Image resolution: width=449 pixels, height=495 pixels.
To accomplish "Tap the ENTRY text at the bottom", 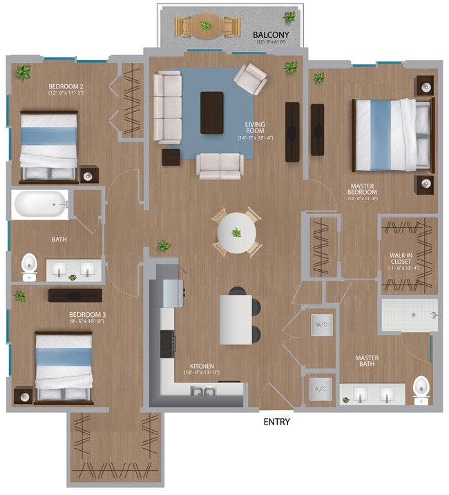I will (x=276, y=422).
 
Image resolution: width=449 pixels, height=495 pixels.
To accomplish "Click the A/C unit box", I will (x=320, y=388).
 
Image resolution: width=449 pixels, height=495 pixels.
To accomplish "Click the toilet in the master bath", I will (x=420, y=389).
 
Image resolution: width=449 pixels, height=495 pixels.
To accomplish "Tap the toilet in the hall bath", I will (x=29, y=265).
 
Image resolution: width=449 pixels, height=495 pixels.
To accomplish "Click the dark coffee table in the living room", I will (x=212, y=113).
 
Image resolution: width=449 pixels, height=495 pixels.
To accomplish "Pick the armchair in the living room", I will (x=249, y=79).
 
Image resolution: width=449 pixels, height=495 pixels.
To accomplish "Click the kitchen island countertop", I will (x=236, y=319).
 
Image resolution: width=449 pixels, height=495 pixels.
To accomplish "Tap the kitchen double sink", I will (x=203, y=392).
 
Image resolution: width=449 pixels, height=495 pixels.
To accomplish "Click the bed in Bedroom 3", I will (x=64, y=367).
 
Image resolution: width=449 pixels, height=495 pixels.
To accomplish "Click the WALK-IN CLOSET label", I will (x=401, y=259).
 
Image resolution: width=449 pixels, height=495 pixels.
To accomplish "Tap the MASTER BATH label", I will (x=367, y=362).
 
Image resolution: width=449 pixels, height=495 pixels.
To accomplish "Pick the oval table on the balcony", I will (x=206, y=26).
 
